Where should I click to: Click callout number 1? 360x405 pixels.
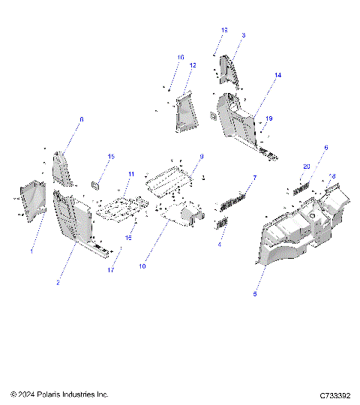(31, 251)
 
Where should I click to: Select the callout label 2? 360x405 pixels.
(58, 282)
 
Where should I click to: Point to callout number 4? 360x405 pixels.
(220, 244)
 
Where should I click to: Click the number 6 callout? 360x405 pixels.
(325, 148)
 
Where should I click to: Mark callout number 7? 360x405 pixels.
(254, 178)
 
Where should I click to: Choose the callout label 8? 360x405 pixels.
(82, 120)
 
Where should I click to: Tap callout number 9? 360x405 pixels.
(202, 156)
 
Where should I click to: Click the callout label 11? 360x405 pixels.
(130, 175)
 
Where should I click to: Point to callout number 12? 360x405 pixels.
(193, 66)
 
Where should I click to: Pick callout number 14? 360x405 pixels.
(277, 76)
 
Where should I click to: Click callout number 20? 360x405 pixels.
(306, 166)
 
